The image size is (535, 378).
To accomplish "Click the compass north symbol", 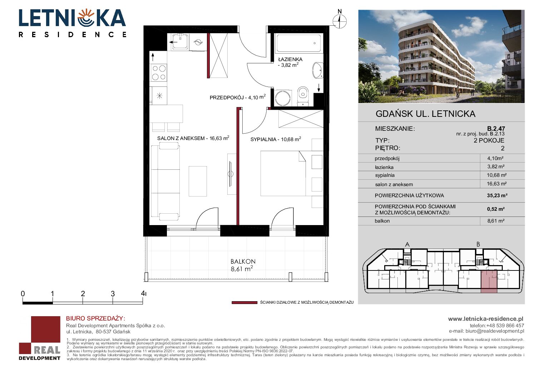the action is pos(340,21).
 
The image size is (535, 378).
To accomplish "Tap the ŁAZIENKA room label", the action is pos(290,59).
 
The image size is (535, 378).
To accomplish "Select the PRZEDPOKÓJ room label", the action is pos(227,98).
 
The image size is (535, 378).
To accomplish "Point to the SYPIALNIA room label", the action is pos(263,139).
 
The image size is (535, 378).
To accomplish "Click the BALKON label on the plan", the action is pos(243,262).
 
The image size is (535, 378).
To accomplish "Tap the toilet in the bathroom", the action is pos(303,96).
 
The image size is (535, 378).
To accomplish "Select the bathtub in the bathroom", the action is pos(298,43).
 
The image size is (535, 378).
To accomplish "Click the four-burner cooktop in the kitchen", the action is pos(159,73).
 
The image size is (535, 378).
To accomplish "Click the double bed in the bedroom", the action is pos(283,173).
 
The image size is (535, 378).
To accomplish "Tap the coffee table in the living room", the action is pos(198,181).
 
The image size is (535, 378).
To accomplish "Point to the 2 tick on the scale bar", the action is pos(83,300).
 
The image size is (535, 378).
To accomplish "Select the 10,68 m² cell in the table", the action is pos(496,175).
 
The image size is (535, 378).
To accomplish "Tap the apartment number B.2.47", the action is pos(496,129).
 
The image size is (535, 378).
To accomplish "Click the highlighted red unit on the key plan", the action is pos(489,282).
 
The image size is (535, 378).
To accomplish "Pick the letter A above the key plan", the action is pos(407,244).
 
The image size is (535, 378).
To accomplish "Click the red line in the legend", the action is pos(244,303).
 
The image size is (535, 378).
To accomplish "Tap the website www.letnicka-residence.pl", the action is pos(486,319).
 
